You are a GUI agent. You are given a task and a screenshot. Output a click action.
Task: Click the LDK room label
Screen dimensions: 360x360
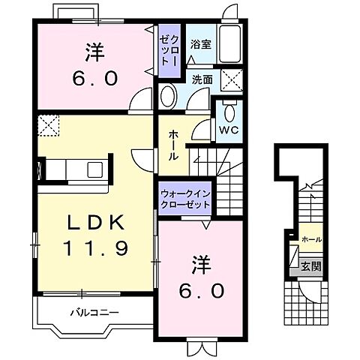point(96,222)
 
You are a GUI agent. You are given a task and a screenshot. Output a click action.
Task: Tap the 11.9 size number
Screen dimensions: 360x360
point(96,247)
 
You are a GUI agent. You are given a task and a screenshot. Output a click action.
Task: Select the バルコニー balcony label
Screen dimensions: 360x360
point(94,313)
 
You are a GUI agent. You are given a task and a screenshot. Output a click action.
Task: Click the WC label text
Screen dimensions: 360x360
point(229,130)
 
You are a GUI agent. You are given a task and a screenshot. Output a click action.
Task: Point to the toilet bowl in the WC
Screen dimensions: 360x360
point(229,113)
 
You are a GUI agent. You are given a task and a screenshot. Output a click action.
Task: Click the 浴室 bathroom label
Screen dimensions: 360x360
point(201,44)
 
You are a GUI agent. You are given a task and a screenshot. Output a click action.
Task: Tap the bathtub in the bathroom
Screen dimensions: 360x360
point(230,43)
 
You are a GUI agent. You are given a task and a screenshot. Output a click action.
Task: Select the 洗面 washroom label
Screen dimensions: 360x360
point(202,79)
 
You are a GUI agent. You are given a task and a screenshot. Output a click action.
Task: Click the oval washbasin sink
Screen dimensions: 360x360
point(169,96)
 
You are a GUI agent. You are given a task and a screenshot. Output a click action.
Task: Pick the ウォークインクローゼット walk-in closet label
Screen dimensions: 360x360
point(185,199)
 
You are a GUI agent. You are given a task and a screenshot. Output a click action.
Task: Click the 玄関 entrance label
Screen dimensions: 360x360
point(310,267)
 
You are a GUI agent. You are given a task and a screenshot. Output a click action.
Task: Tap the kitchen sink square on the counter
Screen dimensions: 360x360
point(94,169)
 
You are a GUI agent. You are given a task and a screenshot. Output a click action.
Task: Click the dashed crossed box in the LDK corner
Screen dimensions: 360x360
point(48,125)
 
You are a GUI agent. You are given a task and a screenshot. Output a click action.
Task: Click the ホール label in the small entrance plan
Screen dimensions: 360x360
point(311,239)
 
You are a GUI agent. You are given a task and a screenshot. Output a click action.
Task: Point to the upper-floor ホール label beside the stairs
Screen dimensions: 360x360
point(173,145)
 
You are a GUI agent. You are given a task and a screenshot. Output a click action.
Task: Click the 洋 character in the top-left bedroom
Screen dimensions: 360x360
point(94,52)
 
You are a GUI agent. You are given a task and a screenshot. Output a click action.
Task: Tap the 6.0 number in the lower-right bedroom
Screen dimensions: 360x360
point(201,291)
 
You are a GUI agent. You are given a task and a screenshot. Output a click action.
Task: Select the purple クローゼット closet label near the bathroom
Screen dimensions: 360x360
point(169,50)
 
